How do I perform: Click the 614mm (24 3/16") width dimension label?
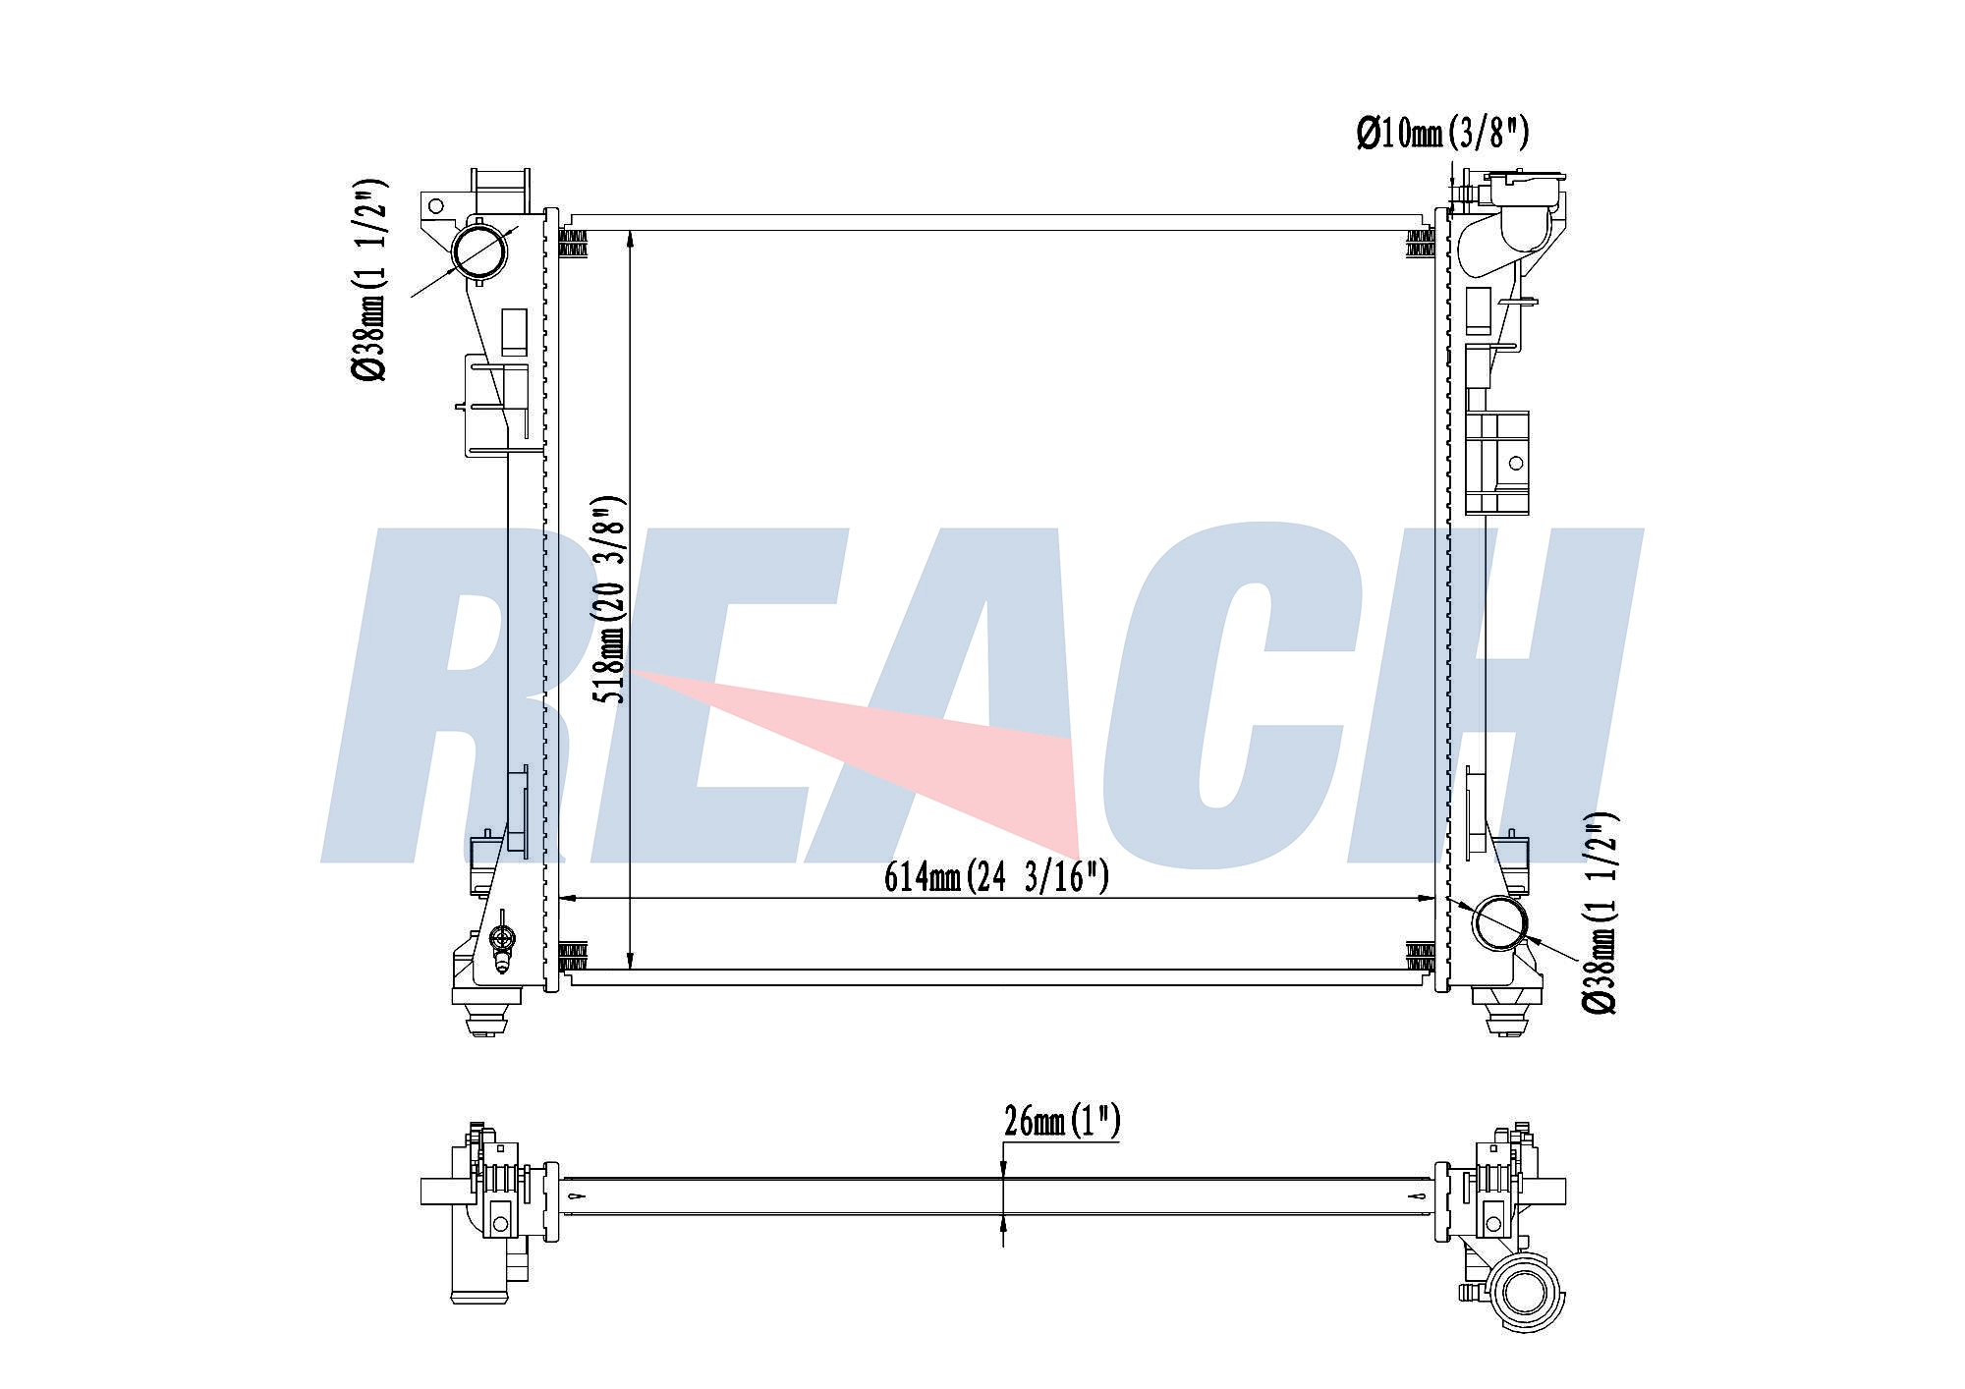[x=996, y=874]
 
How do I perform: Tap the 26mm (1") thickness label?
[x=1062, y=1121]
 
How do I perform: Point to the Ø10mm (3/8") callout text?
[x=1442, y=132]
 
